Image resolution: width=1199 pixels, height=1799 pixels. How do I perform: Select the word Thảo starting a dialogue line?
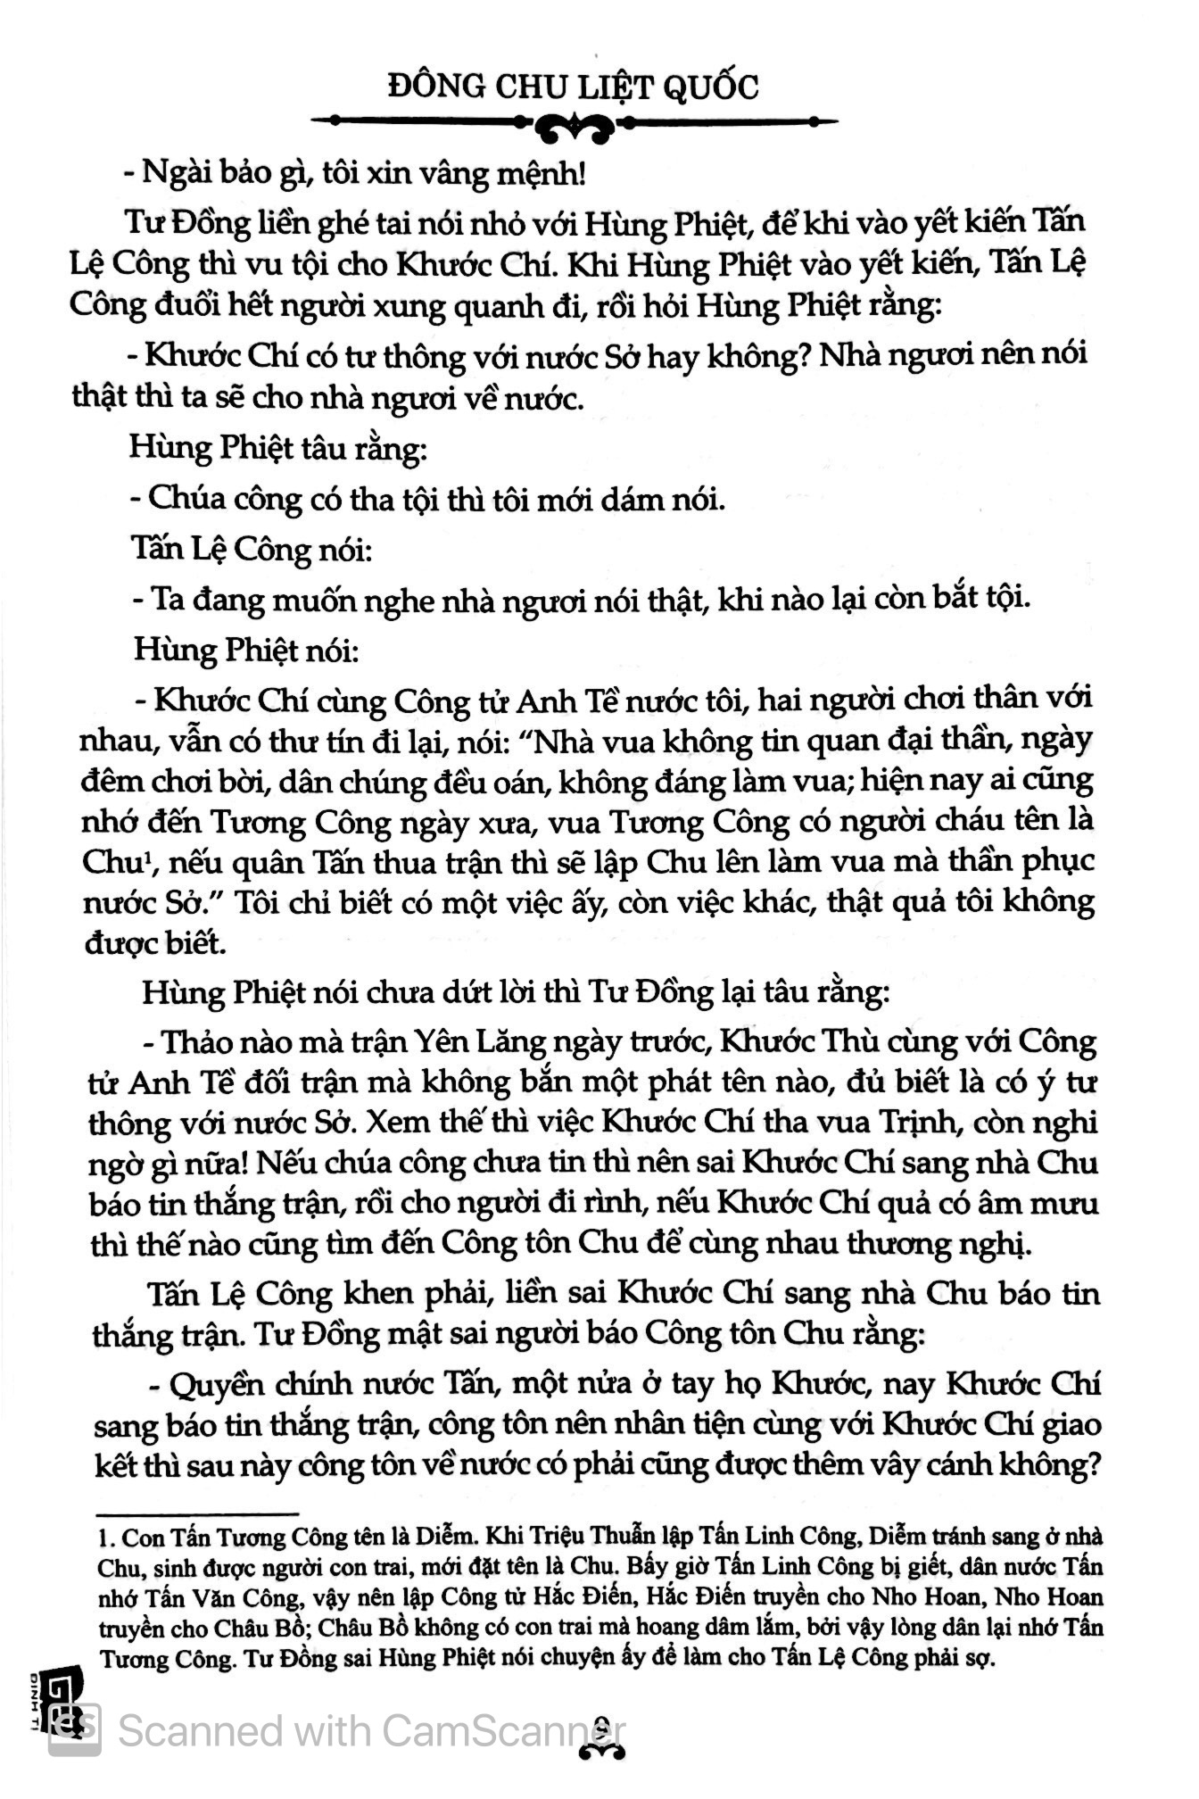click(211, 1040)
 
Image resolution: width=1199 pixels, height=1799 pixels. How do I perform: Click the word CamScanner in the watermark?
click(499, 1731)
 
